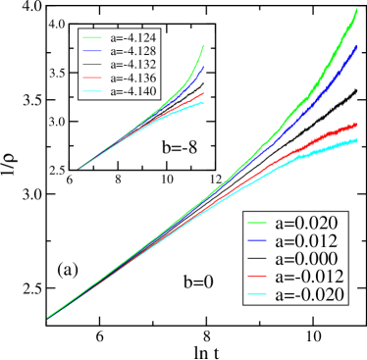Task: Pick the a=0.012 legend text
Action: point(307,241)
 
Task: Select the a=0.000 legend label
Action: point(307,259)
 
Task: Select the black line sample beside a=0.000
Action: point(259,259)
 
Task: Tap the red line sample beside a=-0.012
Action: point(259,277)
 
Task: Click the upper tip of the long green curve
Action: point(355,10)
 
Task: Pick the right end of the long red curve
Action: point(357,125)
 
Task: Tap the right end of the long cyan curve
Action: point(357,140)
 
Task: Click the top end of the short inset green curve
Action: point(203,45)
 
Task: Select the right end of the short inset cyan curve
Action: point(204,104)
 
